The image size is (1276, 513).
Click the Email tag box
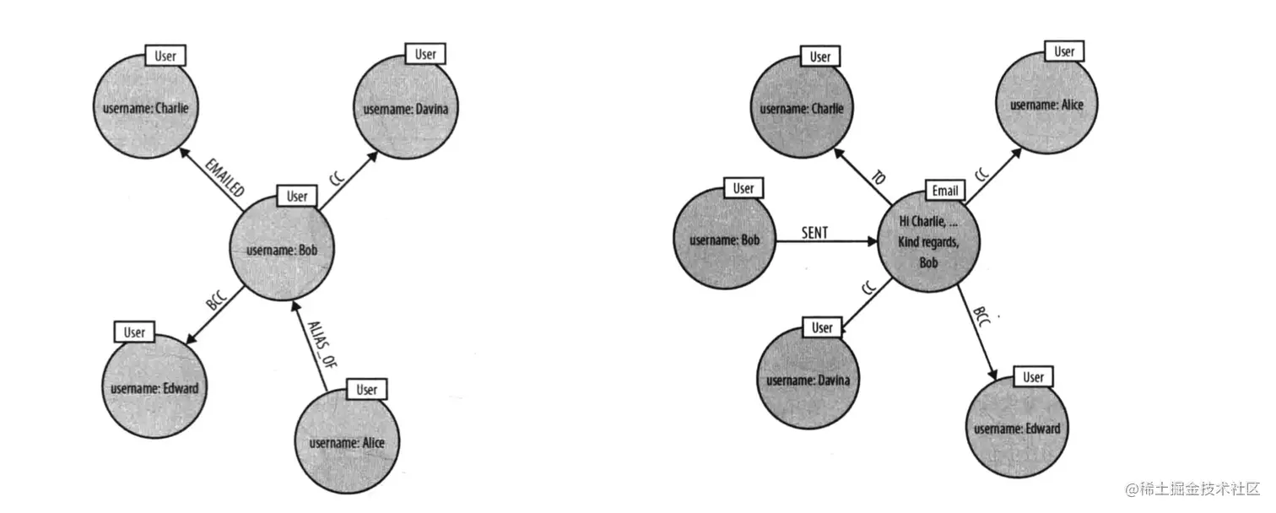click(944, 191)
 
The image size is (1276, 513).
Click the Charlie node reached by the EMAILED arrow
click(140, 108)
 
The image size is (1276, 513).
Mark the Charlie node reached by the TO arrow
click(801, 108)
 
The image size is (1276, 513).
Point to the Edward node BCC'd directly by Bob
click(154, 388)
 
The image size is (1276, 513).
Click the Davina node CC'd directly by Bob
click(404, 109)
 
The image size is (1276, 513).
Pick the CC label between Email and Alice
click(981, 175)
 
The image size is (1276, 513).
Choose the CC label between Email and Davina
click(868, 289)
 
